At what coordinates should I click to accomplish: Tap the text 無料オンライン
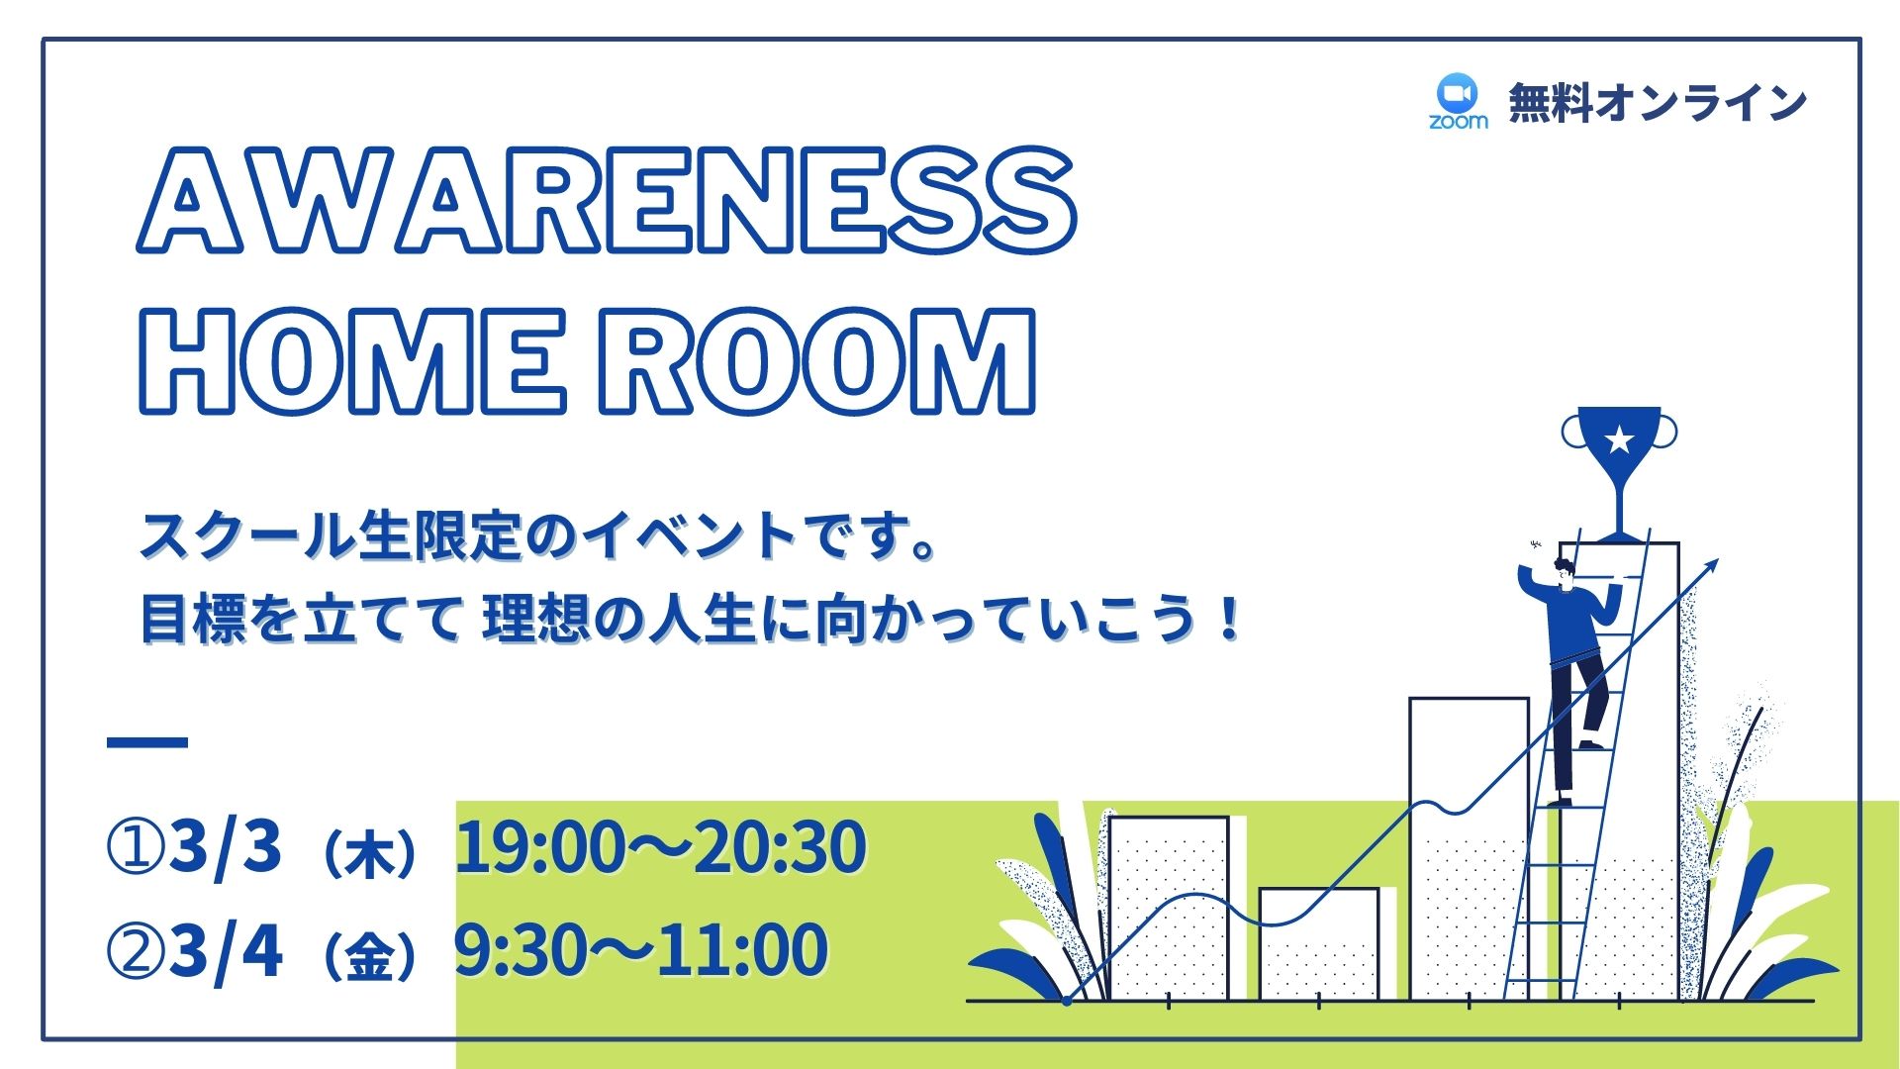1658,103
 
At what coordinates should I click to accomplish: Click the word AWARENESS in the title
607,200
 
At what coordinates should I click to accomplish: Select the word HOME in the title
352,360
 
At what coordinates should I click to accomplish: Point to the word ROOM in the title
817,360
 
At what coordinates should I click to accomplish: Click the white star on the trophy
1619,438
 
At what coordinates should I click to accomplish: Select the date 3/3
226,847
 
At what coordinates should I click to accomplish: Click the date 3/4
226,950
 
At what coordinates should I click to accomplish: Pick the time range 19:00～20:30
661,847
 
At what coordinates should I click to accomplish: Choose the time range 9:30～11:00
641,950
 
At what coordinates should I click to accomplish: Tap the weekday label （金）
369,956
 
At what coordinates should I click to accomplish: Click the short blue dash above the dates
147,741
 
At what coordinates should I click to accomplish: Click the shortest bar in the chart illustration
1319,944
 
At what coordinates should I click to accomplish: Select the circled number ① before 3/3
135,848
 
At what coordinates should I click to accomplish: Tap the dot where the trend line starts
1067,1001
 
